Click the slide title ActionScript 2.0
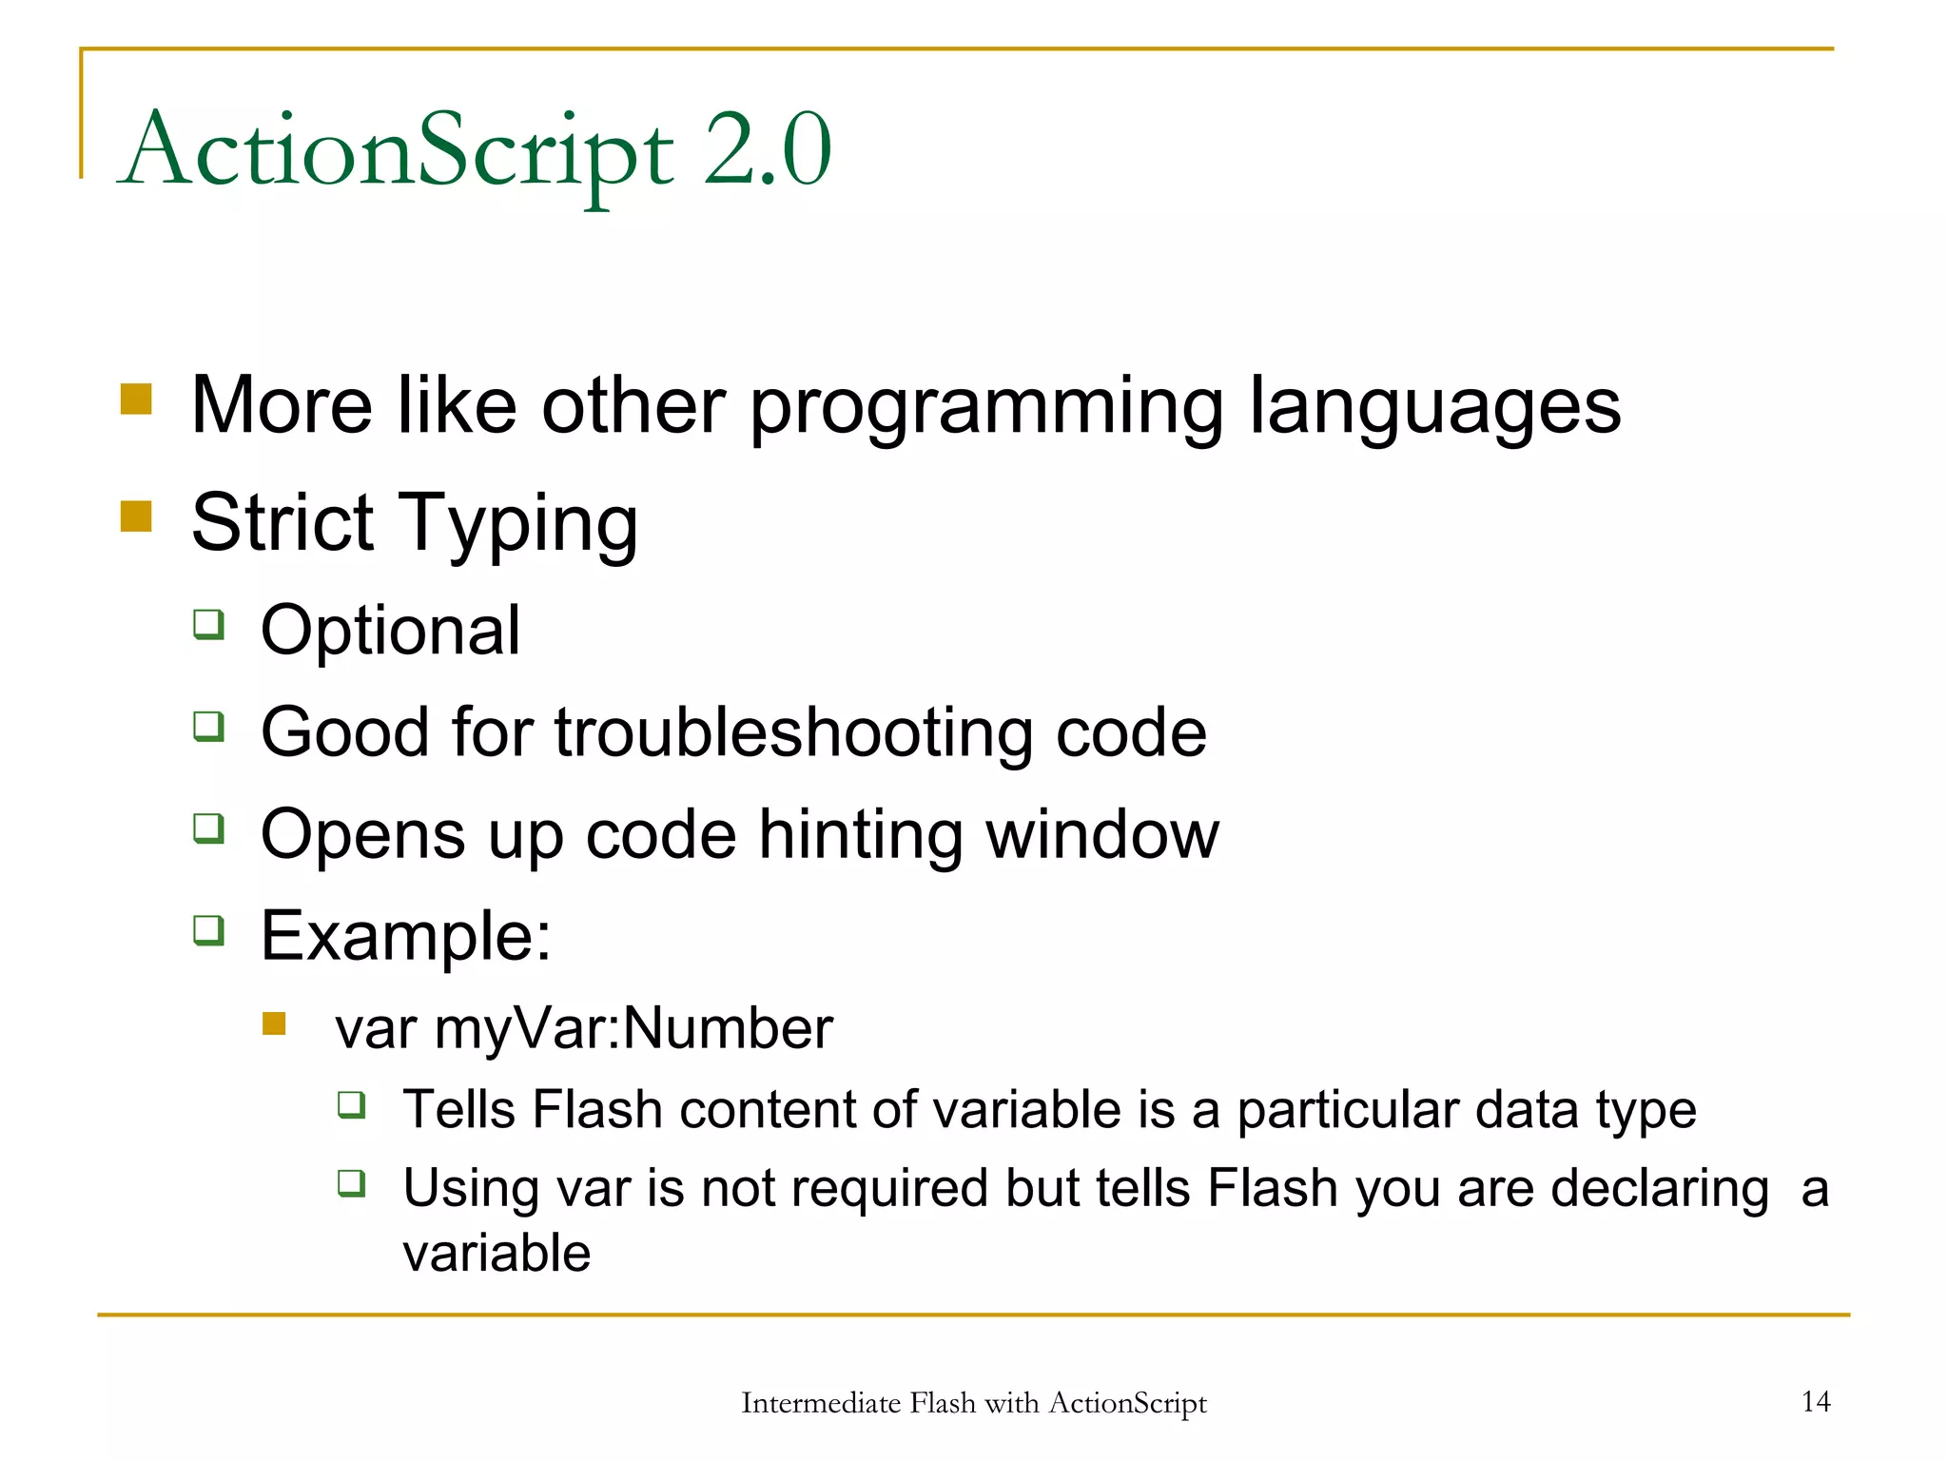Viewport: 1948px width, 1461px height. (x=476, y=150)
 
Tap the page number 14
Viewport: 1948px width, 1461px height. (x=1816, y=1401)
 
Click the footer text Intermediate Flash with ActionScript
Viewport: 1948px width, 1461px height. (x=973, y=1403)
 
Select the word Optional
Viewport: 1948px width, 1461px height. (x=390, y=631)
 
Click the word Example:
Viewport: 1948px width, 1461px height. (x=405, y=936)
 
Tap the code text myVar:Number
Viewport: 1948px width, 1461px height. (x=633, y=1029)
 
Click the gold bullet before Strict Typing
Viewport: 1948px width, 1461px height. (x=136, y=516)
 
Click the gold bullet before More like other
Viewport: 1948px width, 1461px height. (x=136, y=399)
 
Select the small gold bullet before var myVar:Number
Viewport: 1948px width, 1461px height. (x=274, y=1023)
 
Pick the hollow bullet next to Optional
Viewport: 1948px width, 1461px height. (x=208, y=625)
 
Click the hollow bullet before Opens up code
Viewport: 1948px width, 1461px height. (x=208, y=828)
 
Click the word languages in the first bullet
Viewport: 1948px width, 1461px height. (x=1434, y=406)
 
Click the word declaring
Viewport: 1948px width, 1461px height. (x=1660, y=1189)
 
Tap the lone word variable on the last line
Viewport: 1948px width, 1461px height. (x=497, y=1253)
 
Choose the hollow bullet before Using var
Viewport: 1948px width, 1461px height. (x=352, y=1183)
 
